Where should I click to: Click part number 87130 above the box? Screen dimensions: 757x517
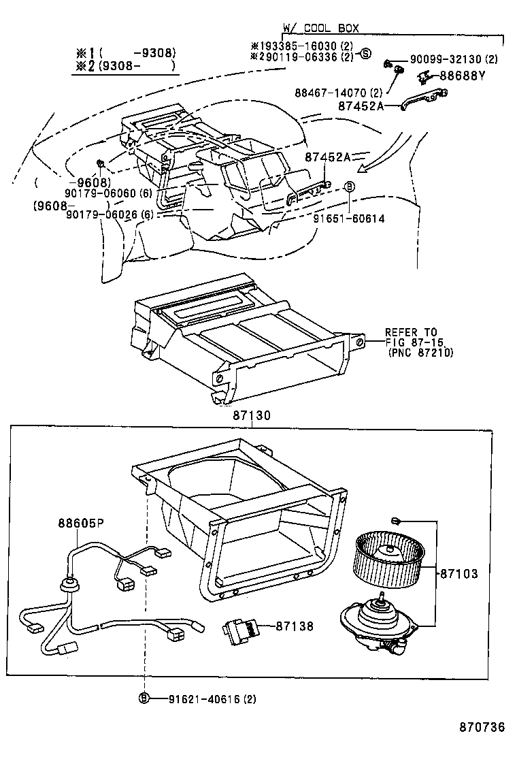click(252, 414)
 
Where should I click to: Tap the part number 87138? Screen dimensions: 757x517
click(295, 625)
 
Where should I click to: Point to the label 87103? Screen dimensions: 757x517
click(458, 574)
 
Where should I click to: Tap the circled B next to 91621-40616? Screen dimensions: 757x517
click(144, 698)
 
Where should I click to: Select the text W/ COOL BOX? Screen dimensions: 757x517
click(320, 28)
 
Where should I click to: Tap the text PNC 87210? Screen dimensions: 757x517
click(420, 353)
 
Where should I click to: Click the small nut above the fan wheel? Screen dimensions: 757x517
click(395, 521)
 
